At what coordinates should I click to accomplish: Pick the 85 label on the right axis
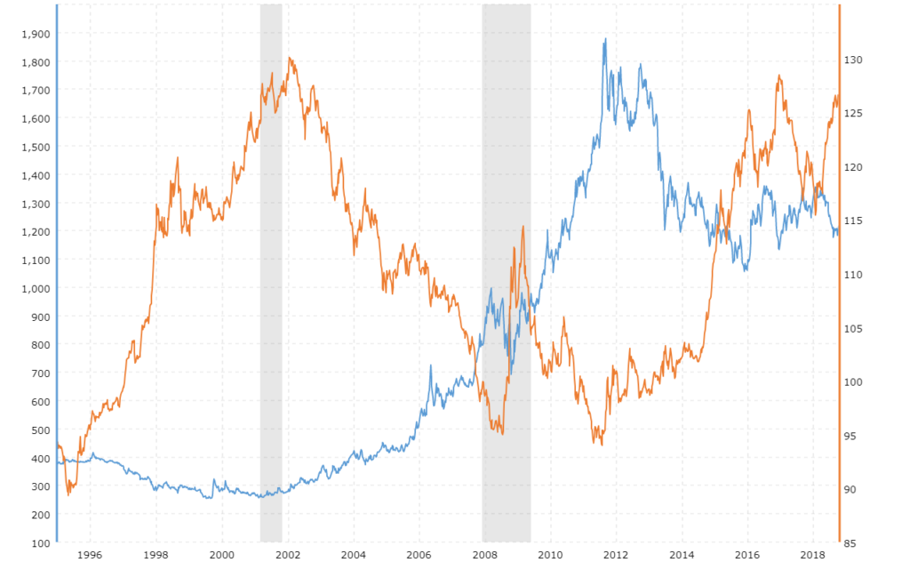pyautogui.click(x=850, y=542)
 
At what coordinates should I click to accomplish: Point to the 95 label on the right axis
pyautogui.click(x=850, y=436)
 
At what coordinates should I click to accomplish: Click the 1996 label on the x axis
pyautogui.click(x=90, y=555)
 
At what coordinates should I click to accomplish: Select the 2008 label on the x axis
pyautogui.click(x=484, y=555)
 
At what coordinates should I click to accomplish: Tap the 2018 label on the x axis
pyautogui.click(x=812, y=555)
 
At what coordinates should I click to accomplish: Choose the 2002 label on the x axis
pyautogui.click(x=287, y=555)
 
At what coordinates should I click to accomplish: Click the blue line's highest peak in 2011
pyautogui.click(x=605, y=39)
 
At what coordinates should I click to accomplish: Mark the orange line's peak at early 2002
pyautogui.click(x=290, y=59)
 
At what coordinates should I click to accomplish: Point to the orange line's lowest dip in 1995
pyautogui.click(x=68, y=494)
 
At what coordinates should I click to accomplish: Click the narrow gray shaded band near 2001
pyautogui.click(x=271, y=267)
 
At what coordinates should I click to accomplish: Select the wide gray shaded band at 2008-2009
pyautogui.click(x=507, y=267)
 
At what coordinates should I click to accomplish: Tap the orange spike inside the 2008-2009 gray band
pyautogui.click(x=523, y=227)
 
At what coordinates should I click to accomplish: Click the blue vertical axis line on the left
pyautogui.click(x=57, y=267)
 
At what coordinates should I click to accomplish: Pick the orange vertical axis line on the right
pyautogui.click(x=840, y=267)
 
